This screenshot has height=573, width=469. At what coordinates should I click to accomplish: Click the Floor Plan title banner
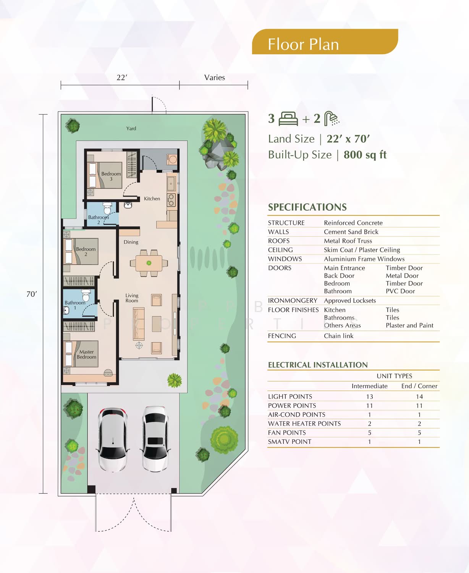point(325,42)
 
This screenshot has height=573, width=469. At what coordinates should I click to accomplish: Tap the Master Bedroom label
point(86,354)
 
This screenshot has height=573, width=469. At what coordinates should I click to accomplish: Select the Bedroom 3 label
point(111,176)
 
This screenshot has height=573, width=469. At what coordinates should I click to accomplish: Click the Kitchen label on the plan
point(152,199)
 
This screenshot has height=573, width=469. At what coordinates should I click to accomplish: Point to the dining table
point(149,263)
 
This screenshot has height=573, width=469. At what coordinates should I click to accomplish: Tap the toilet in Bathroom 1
point(86,295)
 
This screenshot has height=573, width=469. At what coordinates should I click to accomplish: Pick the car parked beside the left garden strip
point(113,439)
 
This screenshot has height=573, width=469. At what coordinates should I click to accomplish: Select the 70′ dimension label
point(32,294)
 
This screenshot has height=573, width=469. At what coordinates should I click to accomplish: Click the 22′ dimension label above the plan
point(122,78)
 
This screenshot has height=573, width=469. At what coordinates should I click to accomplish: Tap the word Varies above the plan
point(214,78)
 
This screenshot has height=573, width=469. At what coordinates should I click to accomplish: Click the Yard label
point(131,128)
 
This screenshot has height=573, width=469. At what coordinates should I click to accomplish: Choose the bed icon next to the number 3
point(288,118)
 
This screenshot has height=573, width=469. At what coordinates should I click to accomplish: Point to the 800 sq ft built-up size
point(365,155)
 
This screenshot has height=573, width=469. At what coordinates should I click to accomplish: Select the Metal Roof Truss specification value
point(348,241)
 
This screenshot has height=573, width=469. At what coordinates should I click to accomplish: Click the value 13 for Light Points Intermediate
point(370,397)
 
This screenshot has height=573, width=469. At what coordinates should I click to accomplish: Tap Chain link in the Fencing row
point(338,336)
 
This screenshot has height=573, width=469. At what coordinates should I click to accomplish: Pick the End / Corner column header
point(419,386)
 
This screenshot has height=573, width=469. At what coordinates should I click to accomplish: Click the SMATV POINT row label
point(289,442)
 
